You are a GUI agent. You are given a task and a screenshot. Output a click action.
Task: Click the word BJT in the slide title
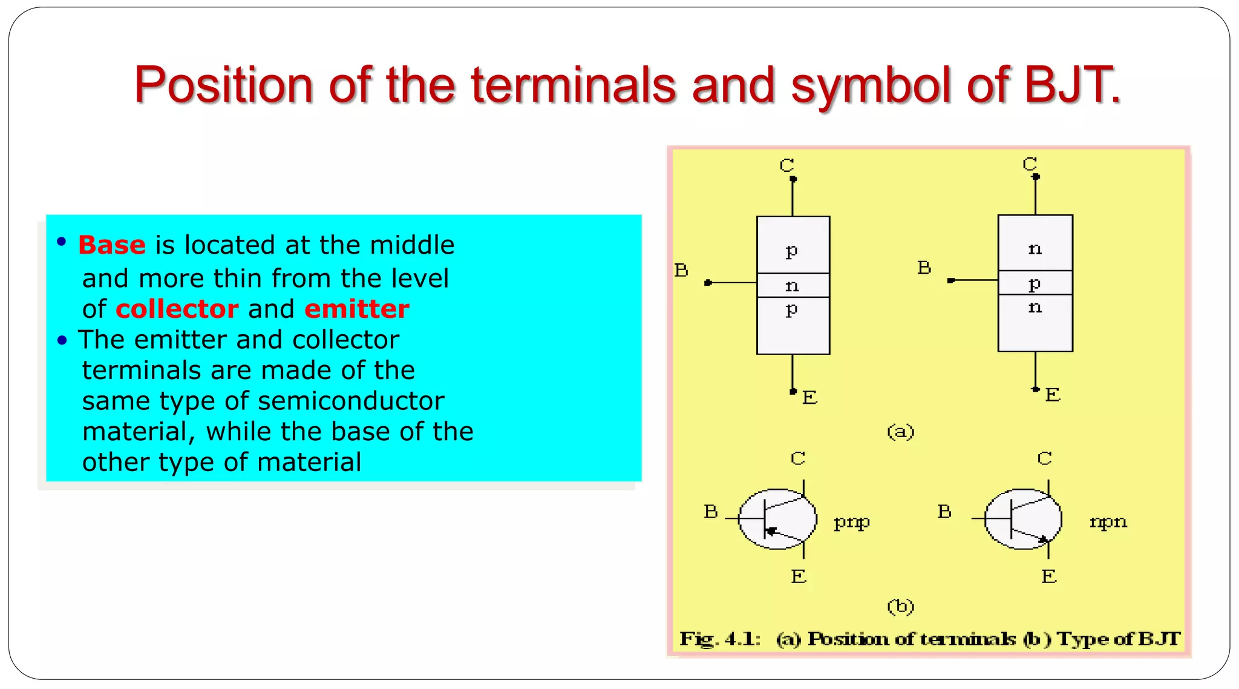(x=1071, y=85)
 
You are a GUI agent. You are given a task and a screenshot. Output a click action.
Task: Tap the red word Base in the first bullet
(x=112, y=245)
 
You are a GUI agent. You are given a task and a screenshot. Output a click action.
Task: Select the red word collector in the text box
(x=177, y=309)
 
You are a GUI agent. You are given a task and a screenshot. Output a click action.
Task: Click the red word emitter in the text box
(x=356, y=309)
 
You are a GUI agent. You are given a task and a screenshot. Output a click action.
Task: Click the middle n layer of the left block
(x=793, y=285)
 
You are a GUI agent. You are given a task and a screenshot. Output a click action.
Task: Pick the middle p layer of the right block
(x=1035, y=283)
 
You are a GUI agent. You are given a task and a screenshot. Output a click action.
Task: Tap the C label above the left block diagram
(x=786, y=165)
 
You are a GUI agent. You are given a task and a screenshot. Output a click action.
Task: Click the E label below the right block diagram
(x=1053, y=395)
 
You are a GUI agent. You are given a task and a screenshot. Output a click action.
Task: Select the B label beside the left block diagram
(x=681, y=270)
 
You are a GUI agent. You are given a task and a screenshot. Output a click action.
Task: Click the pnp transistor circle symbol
(x=777, y=519)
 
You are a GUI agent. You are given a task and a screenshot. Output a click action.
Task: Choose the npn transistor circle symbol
(x=1023, y=519)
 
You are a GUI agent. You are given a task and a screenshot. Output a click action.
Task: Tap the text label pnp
(x=851, y=521)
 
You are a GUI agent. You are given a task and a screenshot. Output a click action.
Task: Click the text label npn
(x=1108, y=521)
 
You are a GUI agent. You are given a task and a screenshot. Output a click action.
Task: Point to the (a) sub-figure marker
(x=900, y=432)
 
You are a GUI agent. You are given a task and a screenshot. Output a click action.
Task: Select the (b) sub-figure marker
(x=900, y=606)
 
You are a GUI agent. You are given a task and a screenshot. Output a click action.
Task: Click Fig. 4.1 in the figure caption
(x=719, y=639)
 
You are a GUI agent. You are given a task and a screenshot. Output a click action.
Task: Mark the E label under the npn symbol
(x=1049, y=576)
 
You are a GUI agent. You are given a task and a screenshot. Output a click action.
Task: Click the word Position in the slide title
(x=223, y=85)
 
